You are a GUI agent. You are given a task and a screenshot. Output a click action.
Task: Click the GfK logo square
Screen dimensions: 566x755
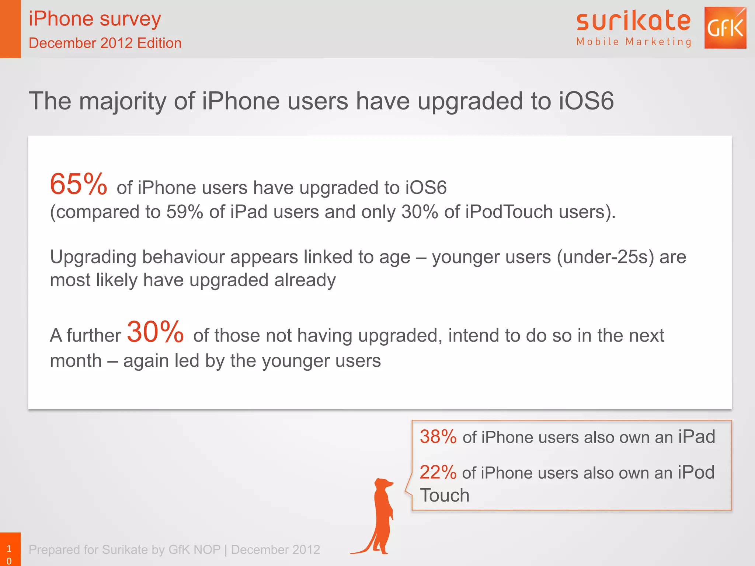click(725, 28)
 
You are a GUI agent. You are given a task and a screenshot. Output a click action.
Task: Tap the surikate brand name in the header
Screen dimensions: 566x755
click(633, 21)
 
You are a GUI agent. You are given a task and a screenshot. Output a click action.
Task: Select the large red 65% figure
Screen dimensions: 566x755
click(79, 184)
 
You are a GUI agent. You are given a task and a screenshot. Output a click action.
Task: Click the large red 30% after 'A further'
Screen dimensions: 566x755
click(155, 332)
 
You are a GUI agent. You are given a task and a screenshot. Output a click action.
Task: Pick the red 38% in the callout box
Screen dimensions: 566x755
click(438, 437)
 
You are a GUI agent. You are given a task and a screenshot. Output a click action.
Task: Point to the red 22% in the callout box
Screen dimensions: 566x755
click(438, 472)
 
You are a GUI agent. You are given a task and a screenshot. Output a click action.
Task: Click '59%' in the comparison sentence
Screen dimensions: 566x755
click(185, 212)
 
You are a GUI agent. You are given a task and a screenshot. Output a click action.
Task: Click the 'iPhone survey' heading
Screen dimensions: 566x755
click(95, 19)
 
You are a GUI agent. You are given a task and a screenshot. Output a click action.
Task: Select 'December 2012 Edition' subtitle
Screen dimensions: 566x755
click(105, 43)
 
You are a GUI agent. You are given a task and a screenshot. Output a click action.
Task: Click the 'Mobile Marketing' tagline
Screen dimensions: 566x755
click(634, 42)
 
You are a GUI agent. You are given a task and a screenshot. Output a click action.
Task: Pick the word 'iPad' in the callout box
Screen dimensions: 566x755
click(696, 437)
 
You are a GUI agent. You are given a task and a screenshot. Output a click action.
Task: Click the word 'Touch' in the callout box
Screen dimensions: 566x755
click(445, 495)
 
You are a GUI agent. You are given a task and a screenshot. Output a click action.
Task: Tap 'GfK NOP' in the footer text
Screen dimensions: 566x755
click(194, 550)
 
